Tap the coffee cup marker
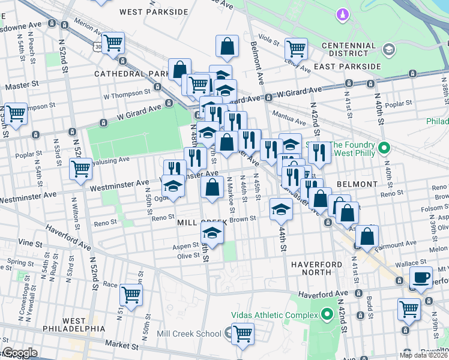click(x=421, y=277)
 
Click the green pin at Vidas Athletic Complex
click(x=327, y=314)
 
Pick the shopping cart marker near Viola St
click(x=296, y=48)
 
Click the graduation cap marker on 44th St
click(x=280, y=209)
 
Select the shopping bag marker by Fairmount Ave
click(x=367, y=236)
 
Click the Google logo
click(x=20, y=353)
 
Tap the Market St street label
click(x=123, y=346)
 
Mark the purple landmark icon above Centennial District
click(x=342, y=13)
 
